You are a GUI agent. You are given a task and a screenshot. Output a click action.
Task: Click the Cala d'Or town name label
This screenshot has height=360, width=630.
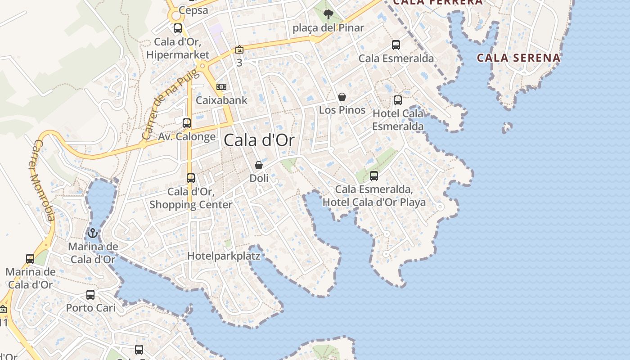tap(259, 140)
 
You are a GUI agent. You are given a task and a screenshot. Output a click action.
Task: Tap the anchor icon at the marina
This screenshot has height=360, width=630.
tap(93, 233)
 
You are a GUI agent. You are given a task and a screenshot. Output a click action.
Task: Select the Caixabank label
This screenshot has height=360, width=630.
tap(222, 100)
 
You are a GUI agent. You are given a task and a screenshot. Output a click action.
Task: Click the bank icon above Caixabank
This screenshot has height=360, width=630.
tap(221, 86)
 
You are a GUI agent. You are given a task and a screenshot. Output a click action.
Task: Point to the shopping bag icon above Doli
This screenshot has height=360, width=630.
tap(259, 166)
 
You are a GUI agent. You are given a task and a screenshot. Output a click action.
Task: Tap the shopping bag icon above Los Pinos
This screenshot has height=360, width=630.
tap(342, 97)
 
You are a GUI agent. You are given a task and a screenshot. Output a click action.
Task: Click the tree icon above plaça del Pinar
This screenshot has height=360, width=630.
tap(328, 14)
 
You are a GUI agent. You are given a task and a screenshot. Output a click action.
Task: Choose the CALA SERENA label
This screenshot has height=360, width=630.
tap(518, 58)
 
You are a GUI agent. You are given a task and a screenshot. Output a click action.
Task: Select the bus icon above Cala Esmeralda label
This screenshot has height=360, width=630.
tap(396, 45)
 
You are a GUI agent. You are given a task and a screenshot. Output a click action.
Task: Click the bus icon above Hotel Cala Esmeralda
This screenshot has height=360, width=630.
tap(398, 100)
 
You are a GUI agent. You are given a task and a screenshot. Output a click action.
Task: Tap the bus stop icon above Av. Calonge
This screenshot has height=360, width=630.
tap(187, 123)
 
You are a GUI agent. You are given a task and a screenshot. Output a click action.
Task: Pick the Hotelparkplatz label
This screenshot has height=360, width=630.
tap(224, 256)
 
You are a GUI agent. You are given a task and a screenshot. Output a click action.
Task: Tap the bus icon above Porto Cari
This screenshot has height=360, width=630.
tap(90, 295)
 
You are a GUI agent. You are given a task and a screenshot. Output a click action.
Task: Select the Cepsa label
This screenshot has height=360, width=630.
tap(193, 10)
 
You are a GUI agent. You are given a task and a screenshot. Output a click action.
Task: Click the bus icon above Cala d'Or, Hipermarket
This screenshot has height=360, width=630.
tap(178, 28)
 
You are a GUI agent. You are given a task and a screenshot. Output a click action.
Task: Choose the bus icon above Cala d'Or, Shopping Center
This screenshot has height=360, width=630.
tap(191, 178)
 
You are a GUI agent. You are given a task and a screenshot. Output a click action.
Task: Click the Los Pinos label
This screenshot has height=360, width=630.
tap(342, 110)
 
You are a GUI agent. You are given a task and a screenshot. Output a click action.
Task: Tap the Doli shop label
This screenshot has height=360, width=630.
tap(259, 178)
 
